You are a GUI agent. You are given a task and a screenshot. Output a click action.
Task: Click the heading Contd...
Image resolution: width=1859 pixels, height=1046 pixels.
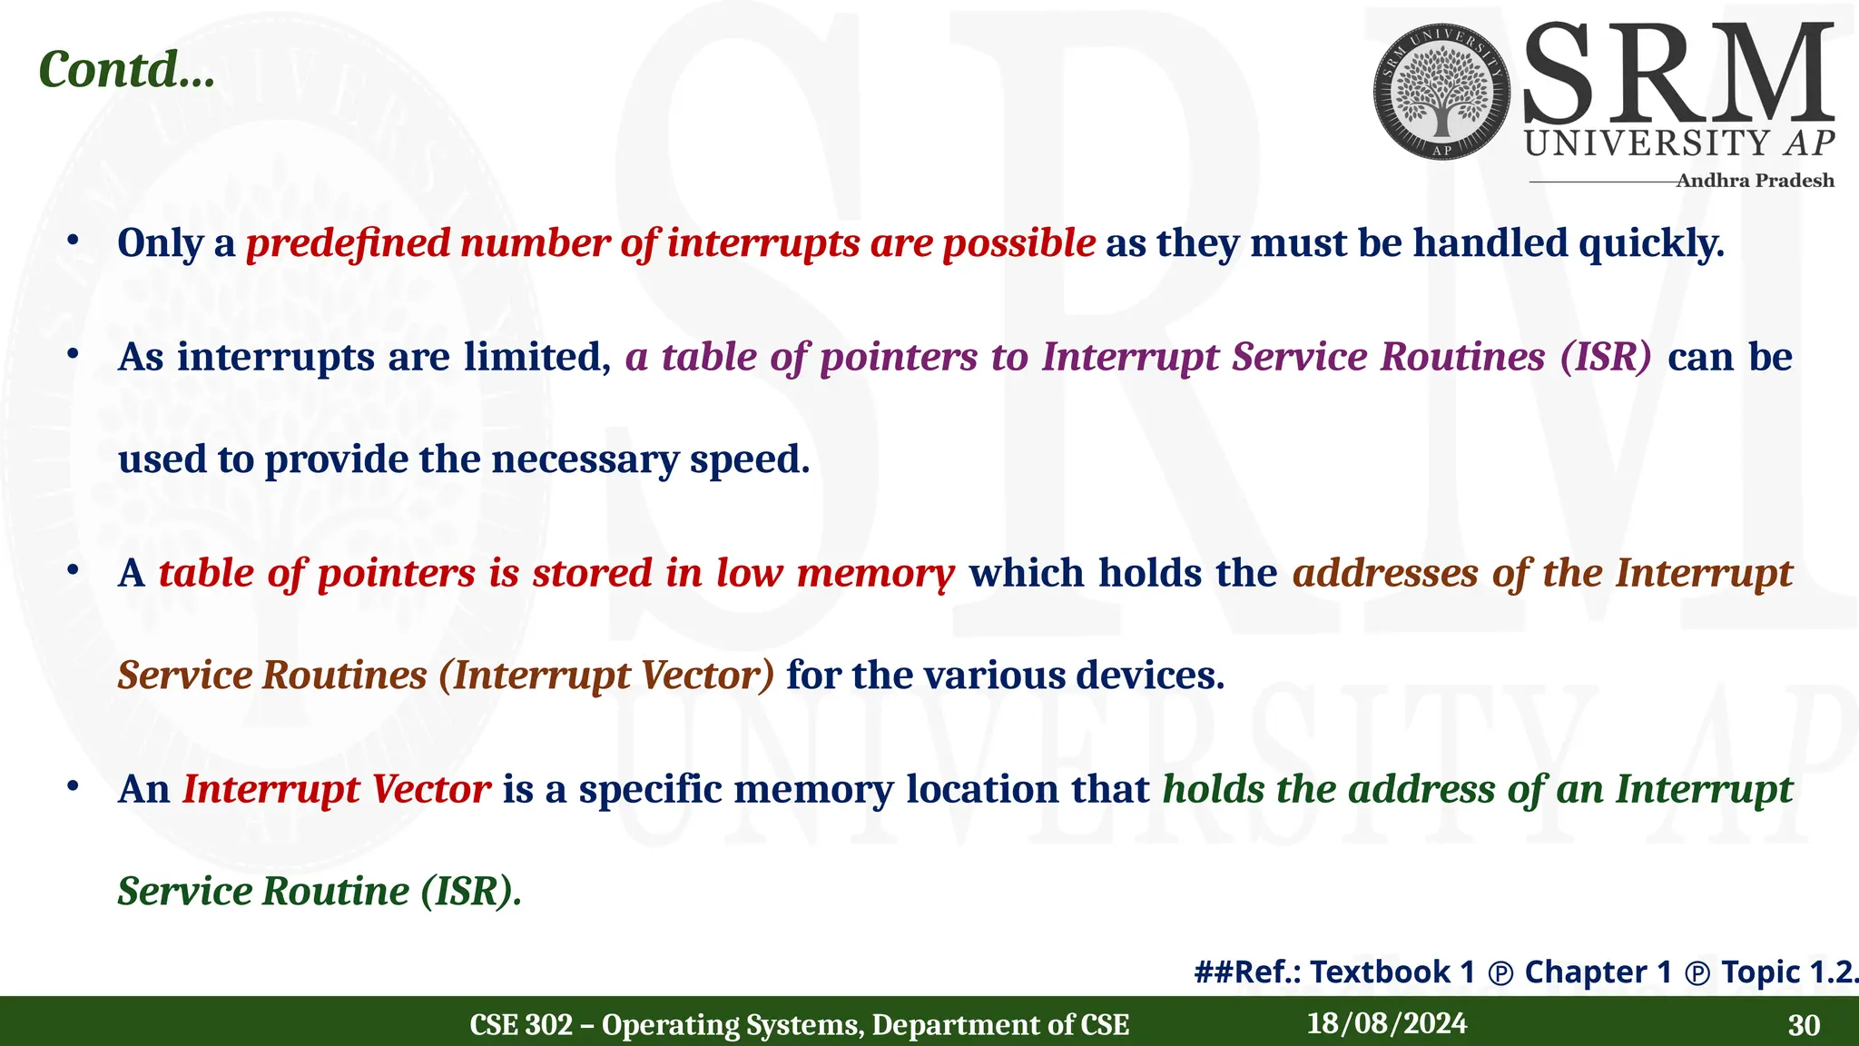[127, 69]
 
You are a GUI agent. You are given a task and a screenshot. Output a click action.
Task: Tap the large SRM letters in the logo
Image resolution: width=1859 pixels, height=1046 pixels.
[1677, 74]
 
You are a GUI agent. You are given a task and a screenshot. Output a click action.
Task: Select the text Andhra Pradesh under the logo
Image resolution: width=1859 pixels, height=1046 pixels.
[1754, 181]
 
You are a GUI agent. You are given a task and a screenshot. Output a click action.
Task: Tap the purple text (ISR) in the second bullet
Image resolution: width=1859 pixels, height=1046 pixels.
[1605, 357]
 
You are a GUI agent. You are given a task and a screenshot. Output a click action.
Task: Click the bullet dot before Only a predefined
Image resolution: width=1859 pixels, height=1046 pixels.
[73, 242]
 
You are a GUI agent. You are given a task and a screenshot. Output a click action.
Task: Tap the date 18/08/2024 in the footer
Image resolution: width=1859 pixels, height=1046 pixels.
[1386, 1024]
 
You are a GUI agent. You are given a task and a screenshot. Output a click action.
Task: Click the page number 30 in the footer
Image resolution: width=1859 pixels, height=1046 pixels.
[1803, 1025]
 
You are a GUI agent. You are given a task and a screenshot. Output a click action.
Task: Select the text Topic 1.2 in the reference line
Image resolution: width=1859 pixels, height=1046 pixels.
[1788, 972]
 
